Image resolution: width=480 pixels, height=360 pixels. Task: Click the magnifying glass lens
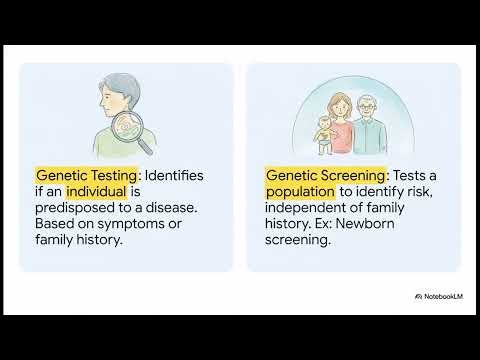(x=127, y=127)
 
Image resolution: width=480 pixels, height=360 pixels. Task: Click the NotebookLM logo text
(x=441, y=297)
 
